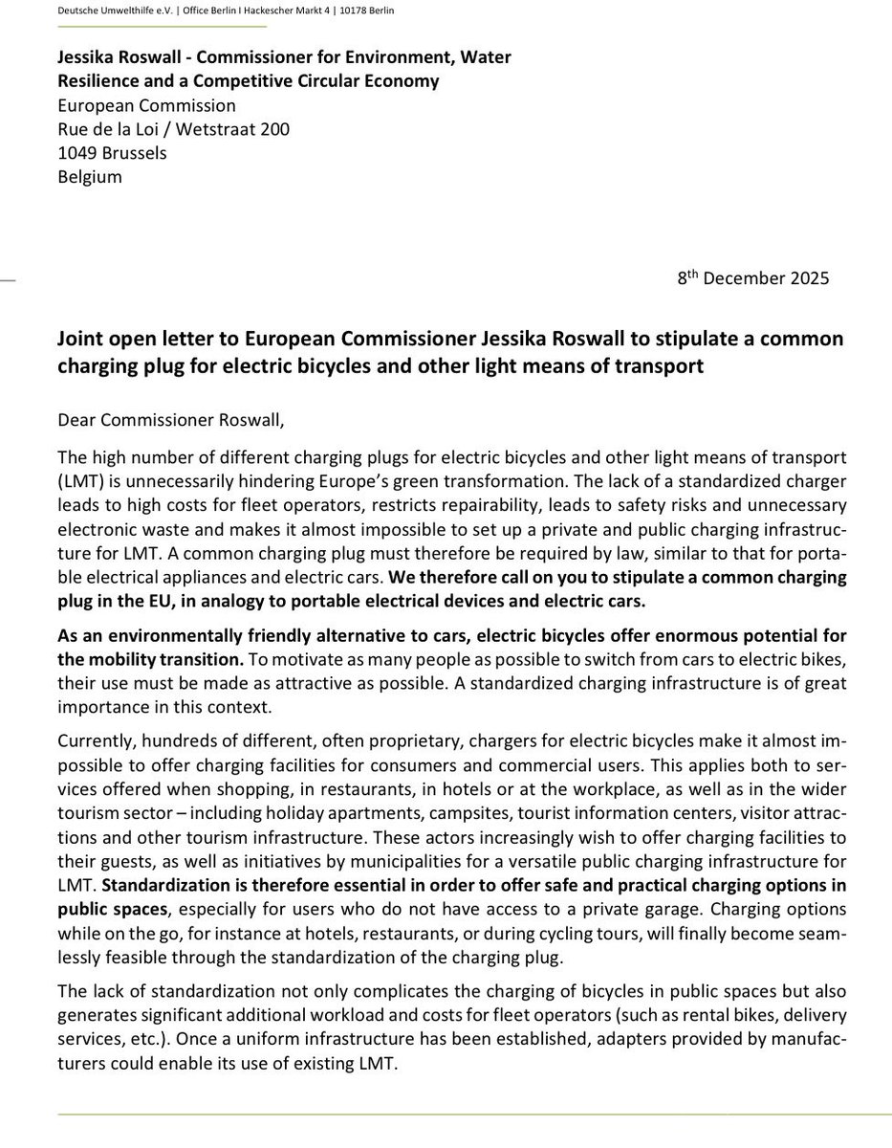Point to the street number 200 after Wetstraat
(x=273, y=129)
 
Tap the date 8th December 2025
(x=753, y=280)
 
